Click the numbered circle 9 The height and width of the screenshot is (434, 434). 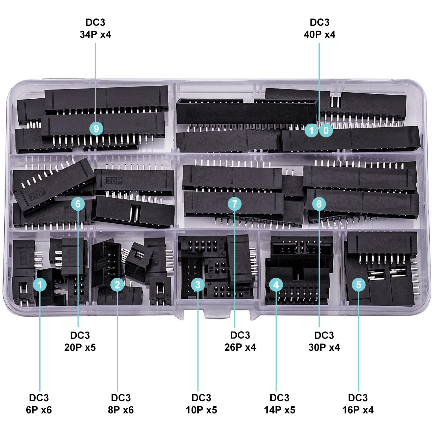(96, 128)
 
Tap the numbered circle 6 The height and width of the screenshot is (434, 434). (78, 204)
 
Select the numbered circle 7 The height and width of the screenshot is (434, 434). (234, 204)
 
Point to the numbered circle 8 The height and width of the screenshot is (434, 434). (319, 204)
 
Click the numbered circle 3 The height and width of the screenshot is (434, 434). (198, 285)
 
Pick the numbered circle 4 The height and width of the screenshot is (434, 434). (276, 285)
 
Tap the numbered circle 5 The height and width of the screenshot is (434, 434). (359, 285)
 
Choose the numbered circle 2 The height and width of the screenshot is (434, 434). (117, 285)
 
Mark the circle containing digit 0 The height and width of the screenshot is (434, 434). (326, 130)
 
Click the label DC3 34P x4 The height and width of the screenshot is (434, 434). (95, 28)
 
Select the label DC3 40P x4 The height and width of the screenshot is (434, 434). (319, 28)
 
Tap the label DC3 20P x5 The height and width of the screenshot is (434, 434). (80, 341)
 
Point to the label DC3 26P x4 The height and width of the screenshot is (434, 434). (240, 341)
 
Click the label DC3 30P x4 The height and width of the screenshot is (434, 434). (324, 341)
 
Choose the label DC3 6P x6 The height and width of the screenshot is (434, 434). (39, 404)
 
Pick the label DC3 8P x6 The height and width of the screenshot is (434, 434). (121, 404)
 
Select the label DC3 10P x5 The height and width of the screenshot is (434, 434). (201, 404)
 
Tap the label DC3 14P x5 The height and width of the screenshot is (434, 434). (279, 404)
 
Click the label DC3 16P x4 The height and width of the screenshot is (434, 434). (358, 404)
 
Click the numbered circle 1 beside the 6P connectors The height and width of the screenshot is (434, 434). (40, 285)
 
